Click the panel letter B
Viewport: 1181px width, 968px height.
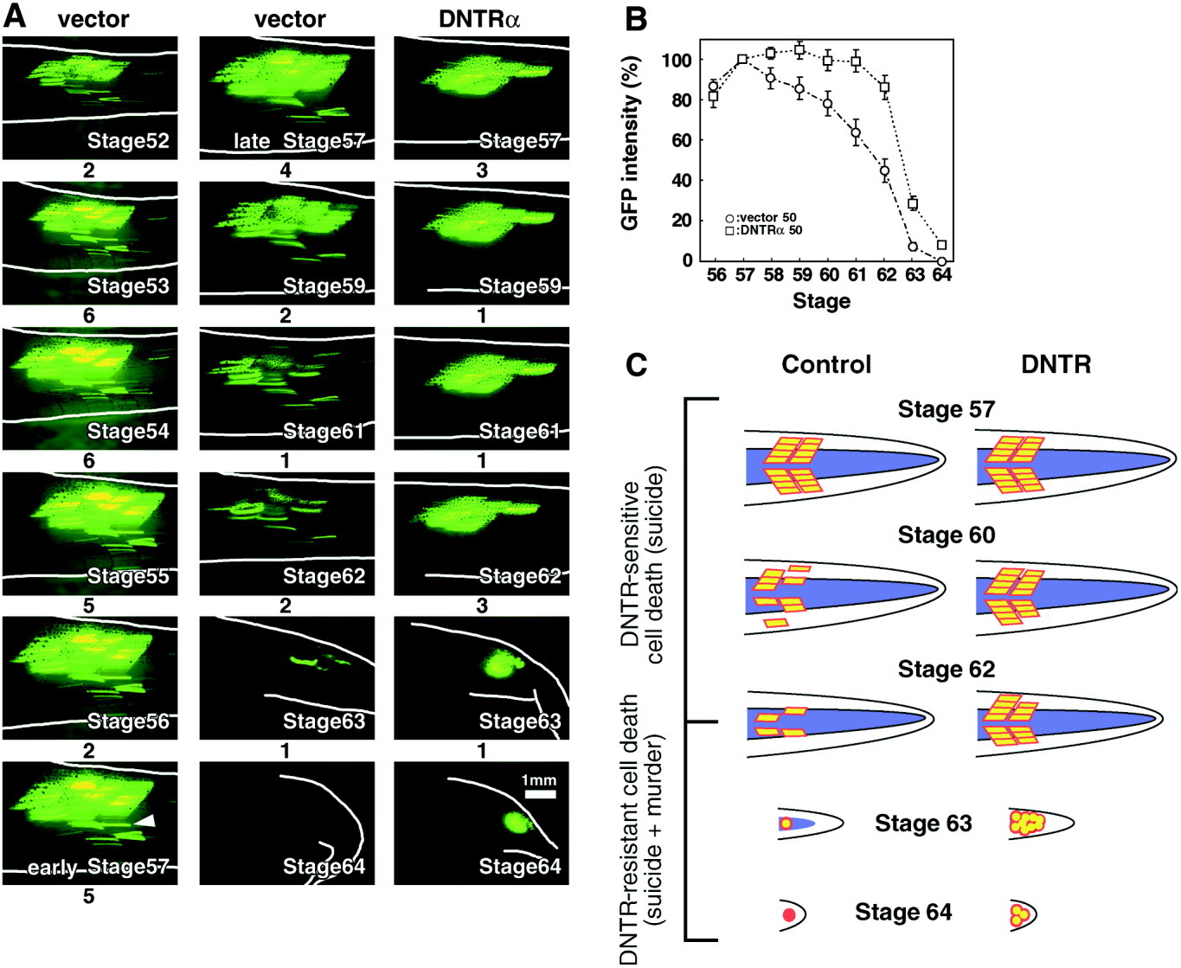pyautogui.click(x=636, y=18)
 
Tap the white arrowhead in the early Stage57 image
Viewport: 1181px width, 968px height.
pyautogui.click(x=146, y=821)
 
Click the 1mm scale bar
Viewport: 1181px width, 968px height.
pyautogui.click(x=538, y=793)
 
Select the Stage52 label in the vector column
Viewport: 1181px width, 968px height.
pyautogui.click(x=128, y=141)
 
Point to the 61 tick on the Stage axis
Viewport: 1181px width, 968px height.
pyautogui.click(x=856, y=275)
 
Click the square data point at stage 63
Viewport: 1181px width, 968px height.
pyautogui.click(x=913, y=204)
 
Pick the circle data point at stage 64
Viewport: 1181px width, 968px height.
pyautogui.click(x=941, y=260)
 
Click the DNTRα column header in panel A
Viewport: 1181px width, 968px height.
pyautogui.click(x=479, y=18)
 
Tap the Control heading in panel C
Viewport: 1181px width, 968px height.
pyautogui.click(x=826, y=364)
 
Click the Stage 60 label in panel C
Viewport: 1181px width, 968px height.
pyautogui.click(x=946, y=535)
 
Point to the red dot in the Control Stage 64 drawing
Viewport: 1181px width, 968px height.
pyautogui.click(x=788, y=914)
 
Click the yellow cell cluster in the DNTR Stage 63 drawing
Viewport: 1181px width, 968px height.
pyautogui.click(x=1026, y=822)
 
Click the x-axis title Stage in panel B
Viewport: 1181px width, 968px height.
pyautogui.click(x=821, y=301)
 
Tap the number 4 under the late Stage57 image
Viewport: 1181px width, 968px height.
pyautogui.click(x=286, y=170)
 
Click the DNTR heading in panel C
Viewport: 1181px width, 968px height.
pyautogui.click(x=1056, y=364)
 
